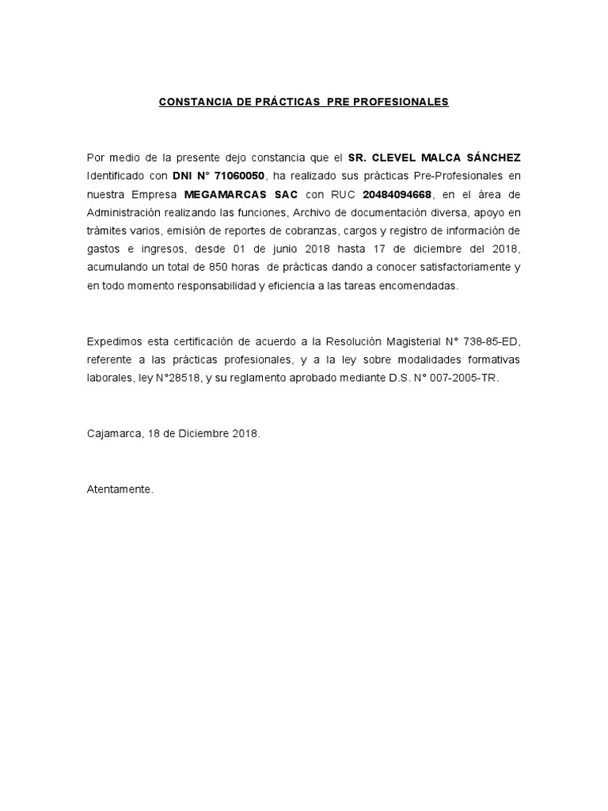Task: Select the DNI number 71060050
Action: tap(234, 175)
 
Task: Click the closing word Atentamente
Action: tap(120, 490)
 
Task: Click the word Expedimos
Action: tap(115, 342)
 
